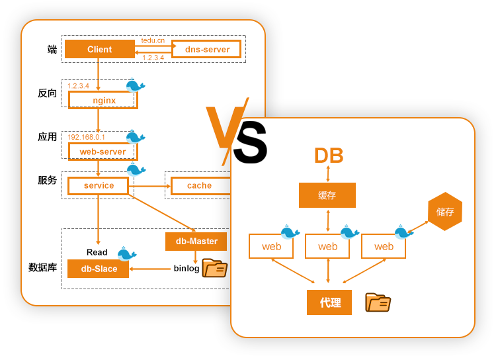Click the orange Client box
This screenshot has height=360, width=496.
[99, 50]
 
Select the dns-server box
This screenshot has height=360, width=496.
[207, 50]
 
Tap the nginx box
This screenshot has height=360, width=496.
[103, 101]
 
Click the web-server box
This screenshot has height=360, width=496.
[103, 152]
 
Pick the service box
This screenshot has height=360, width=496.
[99, 186]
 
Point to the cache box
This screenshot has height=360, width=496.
[200, 186]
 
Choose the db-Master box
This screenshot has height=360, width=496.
[196, 242]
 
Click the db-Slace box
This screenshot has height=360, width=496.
[99, 269]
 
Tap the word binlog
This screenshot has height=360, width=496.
[186, 269]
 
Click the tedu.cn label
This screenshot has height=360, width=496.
[153, 40]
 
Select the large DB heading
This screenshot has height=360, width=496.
[329, 156]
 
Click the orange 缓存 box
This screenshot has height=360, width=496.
[327, 195]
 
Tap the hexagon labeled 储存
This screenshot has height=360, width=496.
[444, 212]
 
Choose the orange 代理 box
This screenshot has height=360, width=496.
[329, 302]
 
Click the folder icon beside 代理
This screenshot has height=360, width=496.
[378, 302]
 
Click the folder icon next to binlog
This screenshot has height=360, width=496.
[215, 268]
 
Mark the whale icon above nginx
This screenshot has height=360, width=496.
[135, 85]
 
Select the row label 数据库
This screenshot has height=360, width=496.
[42, 268]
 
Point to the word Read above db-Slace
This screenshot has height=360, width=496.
[97, 252]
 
